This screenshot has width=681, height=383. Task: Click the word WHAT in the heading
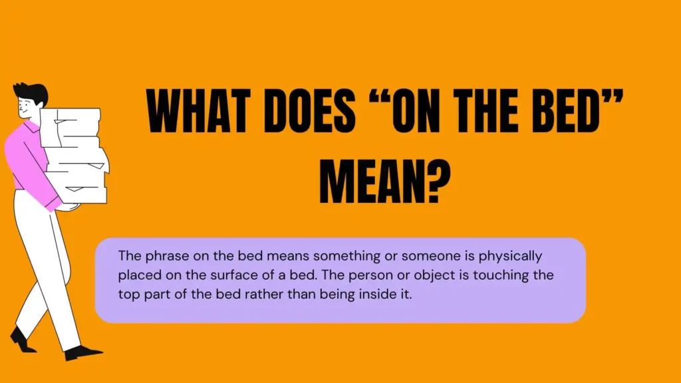click(198, 111)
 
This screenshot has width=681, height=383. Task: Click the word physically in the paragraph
click(510, 256)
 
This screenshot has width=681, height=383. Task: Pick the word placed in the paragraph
click(136, 275)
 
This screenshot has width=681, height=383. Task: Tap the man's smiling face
click(26, 107)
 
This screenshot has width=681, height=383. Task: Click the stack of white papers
click(74, 156)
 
